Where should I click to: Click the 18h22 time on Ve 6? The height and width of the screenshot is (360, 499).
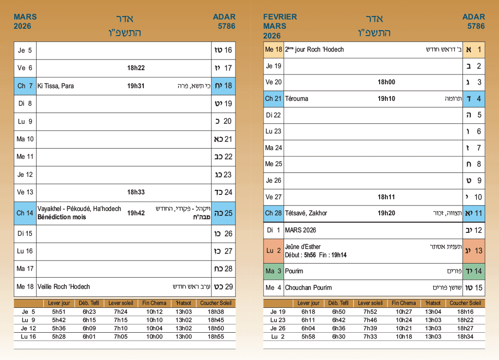(136, 68)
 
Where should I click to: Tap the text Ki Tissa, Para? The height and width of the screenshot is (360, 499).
(56, 86)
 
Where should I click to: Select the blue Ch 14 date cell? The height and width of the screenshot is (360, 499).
(25, 213)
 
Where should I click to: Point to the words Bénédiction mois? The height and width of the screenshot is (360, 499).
(62, 217)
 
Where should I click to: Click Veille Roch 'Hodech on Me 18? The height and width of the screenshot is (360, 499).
(64, 286)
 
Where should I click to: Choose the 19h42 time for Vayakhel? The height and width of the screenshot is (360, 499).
(136, 213)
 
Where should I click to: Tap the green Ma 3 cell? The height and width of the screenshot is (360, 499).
(273, 271)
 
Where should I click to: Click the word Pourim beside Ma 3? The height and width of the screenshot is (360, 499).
(294, 271)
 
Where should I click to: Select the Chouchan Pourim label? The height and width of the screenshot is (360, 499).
(308, 287)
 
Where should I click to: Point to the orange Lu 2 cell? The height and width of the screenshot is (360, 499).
(273, 250)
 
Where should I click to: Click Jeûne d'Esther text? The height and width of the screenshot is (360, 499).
(303, 246)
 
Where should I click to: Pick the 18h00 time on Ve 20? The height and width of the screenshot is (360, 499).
(386, 82)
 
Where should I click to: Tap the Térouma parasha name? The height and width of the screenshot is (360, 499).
(297, 98)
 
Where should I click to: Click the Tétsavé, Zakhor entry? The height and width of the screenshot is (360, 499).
(306, 213)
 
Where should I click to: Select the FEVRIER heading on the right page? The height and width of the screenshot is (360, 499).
(280, 17)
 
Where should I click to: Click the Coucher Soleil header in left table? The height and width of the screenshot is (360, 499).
(216, 303)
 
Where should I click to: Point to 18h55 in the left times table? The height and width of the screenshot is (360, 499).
(216, 337)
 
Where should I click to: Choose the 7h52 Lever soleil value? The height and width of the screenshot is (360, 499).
(370, 312)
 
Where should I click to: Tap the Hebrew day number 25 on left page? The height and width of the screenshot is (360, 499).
(229, 213)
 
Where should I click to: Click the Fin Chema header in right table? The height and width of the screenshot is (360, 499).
(404, 303)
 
